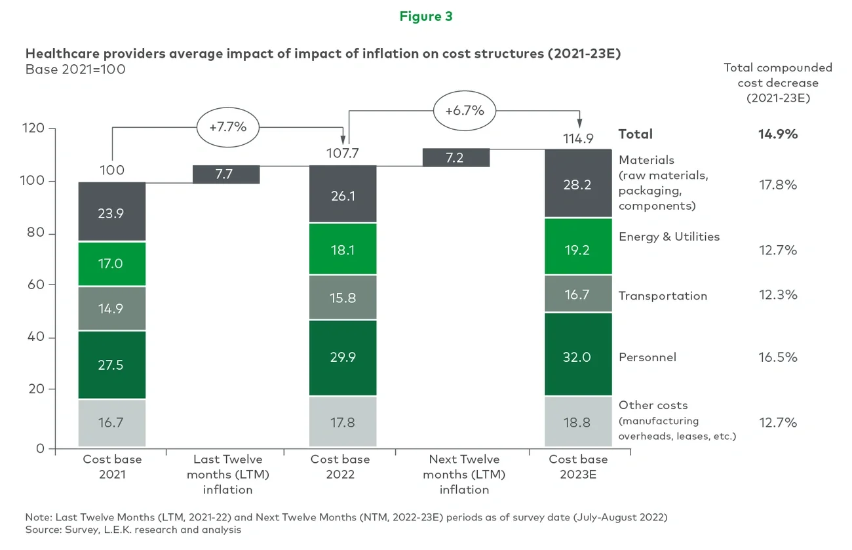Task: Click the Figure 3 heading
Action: coord(426,16)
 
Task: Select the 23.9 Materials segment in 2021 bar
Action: coord(110,212)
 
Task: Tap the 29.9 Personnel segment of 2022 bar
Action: coord(343,357)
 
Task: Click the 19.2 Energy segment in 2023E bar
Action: coord(577,250)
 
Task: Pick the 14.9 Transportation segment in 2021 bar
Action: coord(110,308)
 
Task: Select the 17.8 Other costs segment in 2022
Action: coord(343,423)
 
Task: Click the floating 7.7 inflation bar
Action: coord(226,174)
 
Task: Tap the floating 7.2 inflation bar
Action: coord(456,158)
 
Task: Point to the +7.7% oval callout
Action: coord(227,127)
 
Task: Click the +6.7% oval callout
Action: coord(464,110)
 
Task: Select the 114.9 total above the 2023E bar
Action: coord(577,139)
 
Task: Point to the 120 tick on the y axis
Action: coord(37,128)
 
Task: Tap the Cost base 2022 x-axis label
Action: coord(340,466)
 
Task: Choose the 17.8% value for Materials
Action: coord(778,185)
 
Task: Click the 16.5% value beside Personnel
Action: coord(778,357)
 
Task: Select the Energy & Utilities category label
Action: coord(668,237)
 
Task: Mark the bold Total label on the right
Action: coord(635,134)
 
